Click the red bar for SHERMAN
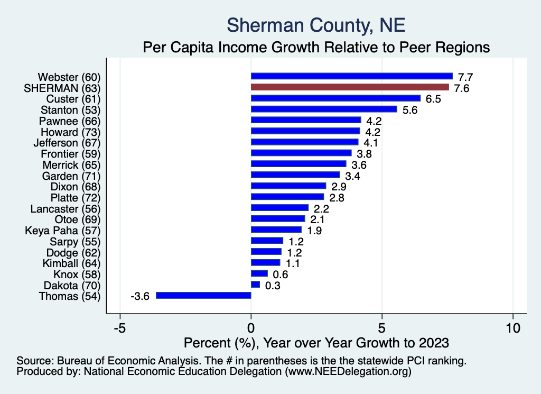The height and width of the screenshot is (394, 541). (x=350, y=87)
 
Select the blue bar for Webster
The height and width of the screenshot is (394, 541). (x=351, y=76)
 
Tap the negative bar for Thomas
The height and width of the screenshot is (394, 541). (x=203, y=296)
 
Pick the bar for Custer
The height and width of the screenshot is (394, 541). (x=335, y=98)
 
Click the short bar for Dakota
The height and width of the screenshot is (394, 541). (x=255, y=285)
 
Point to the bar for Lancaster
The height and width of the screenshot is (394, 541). (x=279, y=208)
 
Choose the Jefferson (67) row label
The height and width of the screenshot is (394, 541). (x=67, y=143)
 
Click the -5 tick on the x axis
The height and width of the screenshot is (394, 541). (x=120, y=327)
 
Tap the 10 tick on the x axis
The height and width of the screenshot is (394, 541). (x=512, y=327)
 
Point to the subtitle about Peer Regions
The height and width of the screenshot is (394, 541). (x=316, y=48)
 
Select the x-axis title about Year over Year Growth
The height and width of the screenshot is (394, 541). (x=315, y=342)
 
